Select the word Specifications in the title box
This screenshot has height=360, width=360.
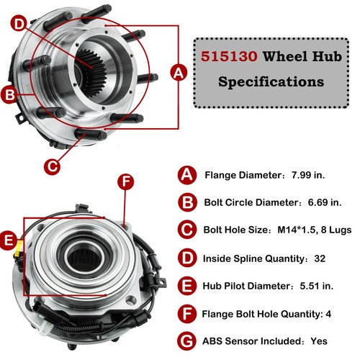pyautogui.click(x=270, y=81)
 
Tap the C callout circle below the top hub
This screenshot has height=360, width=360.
pyautogui.click(x=52, y=165)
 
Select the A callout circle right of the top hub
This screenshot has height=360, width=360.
pyautogui.click(x=179, y=71)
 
